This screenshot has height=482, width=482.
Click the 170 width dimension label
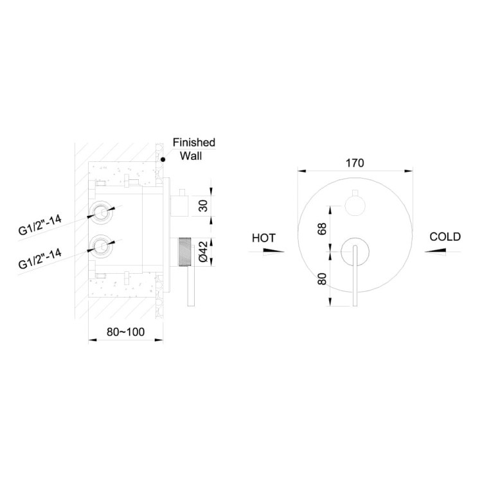355,163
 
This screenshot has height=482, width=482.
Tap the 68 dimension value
322,229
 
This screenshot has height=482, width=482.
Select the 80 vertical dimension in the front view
322,279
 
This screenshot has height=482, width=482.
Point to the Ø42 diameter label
204,251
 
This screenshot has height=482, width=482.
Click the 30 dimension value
203,206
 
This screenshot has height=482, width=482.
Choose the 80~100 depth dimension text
125,332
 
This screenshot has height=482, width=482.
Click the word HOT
263,238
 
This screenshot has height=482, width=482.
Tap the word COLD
445,237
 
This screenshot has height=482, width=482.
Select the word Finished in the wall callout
194,142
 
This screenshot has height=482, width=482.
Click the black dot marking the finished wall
163,159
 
